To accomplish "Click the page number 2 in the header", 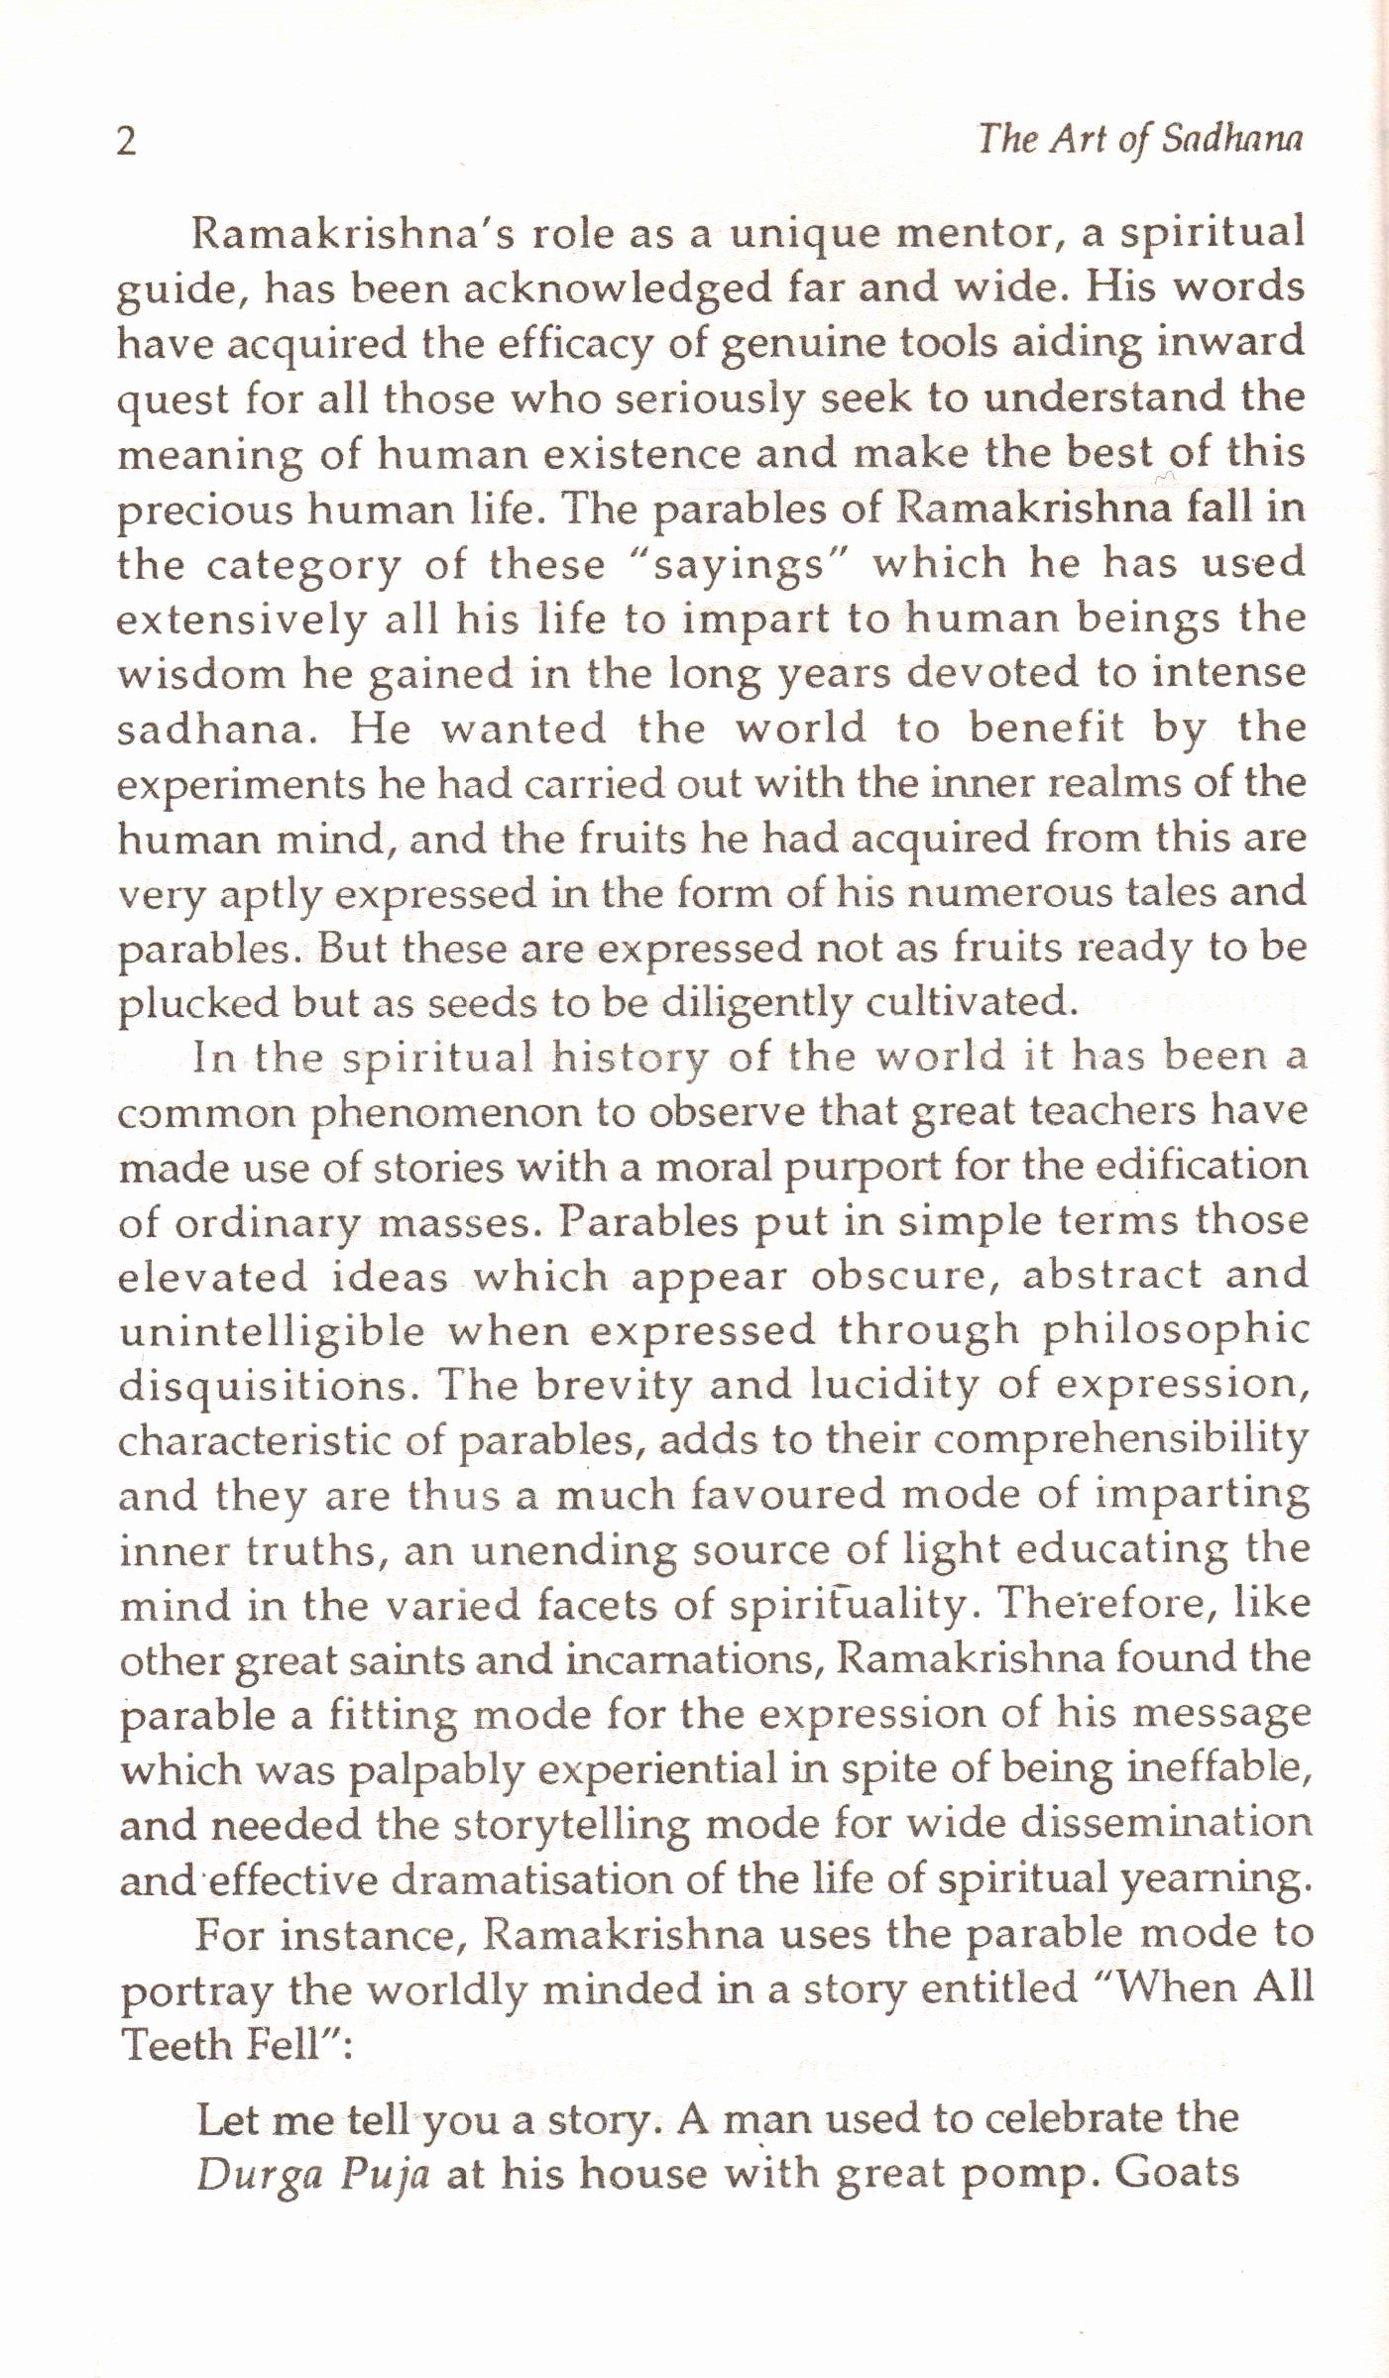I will pos(126,143).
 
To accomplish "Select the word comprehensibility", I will pos(1120,1439).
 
